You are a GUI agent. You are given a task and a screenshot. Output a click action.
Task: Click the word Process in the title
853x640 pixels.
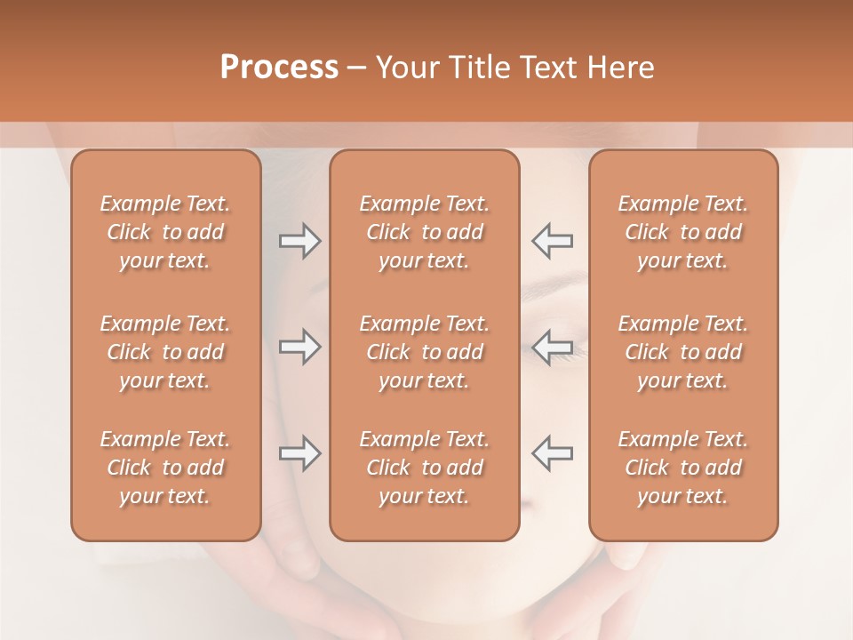(279, 68)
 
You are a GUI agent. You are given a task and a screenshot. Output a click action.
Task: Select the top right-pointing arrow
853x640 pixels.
(299, 241)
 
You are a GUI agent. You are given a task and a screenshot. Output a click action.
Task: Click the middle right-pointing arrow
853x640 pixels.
(299, 347)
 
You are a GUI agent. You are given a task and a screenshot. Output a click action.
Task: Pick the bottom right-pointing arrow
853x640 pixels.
(299, 452)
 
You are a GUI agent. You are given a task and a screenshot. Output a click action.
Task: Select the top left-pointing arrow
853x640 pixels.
(552, 241)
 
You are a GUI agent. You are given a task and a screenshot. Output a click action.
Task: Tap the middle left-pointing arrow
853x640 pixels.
(552, 347)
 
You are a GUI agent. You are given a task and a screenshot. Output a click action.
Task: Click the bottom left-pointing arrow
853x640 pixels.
(552, 452)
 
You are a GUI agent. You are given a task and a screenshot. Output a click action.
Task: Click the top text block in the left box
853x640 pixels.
(165, 232)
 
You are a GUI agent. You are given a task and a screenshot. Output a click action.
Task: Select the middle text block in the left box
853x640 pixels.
(165, 352)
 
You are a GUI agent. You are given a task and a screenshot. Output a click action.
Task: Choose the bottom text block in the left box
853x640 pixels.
(165, 468)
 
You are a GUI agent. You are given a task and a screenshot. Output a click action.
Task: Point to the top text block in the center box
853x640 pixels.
(424, 232)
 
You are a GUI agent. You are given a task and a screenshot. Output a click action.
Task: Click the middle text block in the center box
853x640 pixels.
(424, 352)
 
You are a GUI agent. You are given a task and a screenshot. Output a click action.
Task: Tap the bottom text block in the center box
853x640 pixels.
(424, 468)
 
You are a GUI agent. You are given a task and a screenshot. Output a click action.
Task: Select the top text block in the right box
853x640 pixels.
(683, 232)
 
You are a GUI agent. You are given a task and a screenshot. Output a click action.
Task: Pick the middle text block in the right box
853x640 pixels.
(683, 352)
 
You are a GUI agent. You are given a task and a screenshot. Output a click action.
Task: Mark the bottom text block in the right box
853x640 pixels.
(683, 468)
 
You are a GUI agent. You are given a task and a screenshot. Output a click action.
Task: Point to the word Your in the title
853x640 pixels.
(408, 68)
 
